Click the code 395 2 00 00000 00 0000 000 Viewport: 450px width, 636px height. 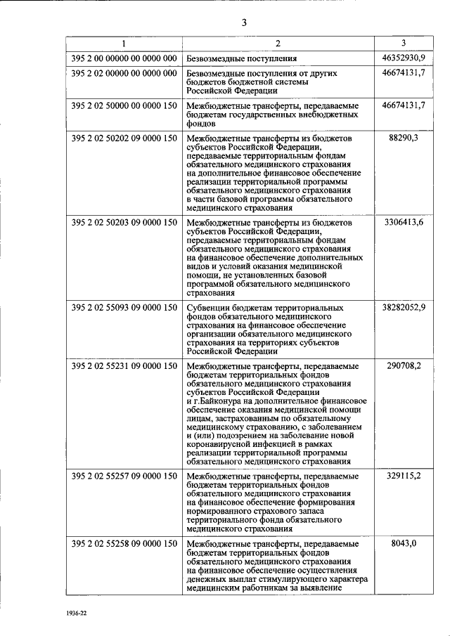(x=124, y=58)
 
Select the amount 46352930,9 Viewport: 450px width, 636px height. (x=404, y=58)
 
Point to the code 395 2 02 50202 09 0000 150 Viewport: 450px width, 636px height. (x=124, y=138)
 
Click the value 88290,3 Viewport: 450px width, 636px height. (x=404, y=138)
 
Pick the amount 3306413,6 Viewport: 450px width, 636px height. (x=404, y=223)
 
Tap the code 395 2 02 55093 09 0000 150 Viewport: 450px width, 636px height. (x=124, y=308)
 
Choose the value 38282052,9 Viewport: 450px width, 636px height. (x=404, y=308)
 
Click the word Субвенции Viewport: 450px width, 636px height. (x=210, y=308)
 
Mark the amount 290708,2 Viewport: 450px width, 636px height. (x=404, y=366)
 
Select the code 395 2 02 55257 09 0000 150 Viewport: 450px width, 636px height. (x=124, y=476)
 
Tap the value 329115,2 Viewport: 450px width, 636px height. (x=404, y=476)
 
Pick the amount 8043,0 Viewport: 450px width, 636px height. (x=404, y=544)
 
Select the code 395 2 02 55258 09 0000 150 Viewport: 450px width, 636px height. (x=124, y=544)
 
